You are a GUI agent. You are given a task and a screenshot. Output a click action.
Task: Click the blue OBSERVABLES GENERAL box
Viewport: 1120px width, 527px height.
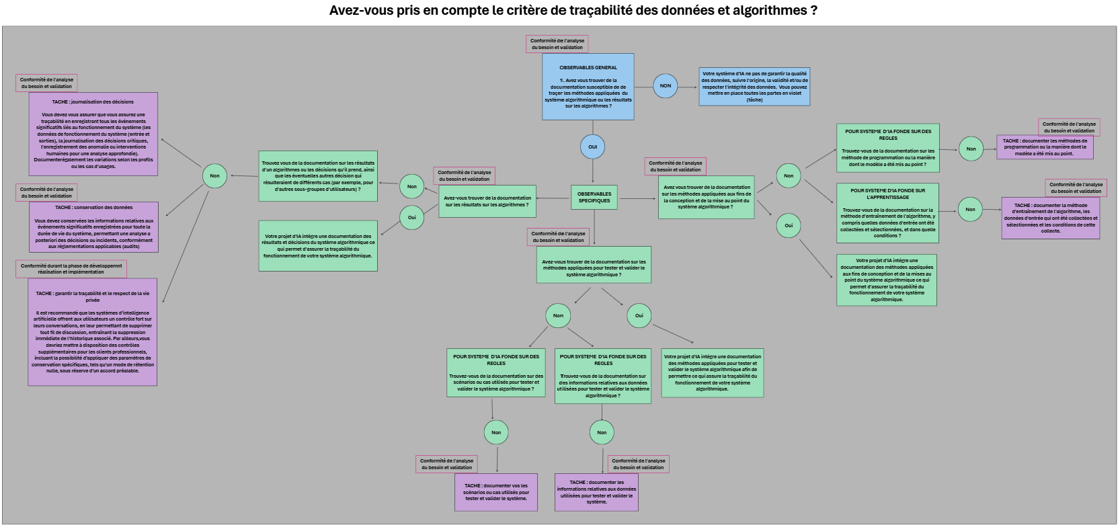coord(588,87)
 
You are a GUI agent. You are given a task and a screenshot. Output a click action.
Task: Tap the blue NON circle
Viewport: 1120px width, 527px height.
coord(665,85)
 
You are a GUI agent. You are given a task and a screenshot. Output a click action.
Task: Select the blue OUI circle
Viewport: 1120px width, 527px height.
coord(592,147)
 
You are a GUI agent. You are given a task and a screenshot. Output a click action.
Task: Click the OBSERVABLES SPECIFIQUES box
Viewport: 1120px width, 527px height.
coord(594,197)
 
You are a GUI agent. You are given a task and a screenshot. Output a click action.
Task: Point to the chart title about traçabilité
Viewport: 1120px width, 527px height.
coord(573,11)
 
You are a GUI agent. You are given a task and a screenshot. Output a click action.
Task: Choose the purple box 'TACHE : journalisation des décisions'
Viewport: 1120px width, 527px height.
coord(93,134)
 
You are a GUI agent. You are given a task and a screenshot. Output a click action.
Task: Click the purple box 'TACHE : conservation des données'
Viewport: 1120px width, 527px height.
coord(93,227)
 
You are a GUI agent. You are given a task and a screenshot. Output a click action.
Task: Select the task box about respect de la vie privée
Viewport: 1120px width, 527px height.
coord(93,332)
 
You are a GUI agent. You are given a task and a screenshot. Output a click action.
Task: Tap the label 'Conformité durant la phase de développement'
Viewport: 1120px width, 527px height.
coord(71,269)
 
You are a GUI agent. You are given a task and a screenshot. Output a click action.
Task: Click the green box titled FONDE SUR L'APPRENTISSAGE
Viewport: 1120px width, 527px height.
coord(887,213)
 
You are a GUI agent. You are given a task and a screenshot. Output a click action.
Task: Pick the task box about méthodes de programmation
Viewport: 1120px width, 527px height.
coord(1044,147)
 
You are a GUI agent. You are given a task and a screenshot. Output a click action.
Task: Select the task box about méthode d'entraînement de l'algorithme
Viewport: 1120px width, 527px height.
coord(1050,218)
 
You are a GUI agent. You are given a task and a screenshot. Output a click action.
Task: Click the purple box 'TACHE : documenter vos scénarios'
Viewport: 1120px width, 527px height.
coord(496,492)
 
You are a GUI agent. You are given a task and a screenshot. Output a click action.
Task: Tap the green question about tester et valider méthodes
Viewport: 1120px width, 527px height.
coord(594,268)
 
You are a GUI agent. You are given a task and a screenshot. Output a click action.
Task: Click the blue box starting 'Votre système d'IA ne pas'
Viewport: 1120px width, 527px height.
coord(754,87)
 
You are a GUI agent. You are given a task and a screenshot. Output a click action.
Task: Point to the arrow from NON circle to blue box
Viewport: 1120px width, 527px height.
coord(688,85)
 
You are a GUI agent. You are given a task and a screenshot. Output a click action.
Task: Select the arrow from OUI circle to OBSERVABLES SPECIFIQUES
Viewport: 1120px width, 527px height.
coord(593,171)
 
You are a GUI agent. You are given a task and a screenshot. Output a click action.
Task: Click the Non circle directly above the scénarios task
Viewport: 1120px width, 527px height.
coord(496,432)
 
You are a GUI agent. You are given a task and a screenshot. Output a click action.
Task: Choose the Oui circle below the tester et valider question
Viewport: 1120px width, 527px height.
coord(639,315)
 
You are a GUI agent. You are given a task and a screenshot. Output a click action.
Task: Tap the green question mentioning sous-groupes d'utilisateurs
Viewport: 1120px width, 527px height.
coord(318,176)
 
